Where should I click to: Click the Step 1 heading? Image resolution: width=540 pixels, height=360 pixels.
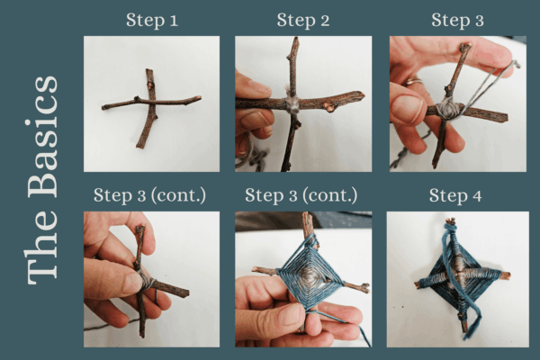[x=152, y=20]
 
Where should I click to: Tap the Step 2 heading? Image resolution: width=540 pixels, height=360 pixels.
[x=303, y=20]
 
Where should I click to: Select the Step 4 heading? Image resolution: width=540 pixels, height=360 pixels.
[x=455, y=195]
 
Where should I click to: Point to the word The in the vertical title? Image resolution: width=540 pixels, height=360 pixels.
[x=42, y=246]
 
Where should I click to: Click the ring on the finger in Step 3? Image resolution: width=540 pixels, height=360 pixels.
[x=412, y=82]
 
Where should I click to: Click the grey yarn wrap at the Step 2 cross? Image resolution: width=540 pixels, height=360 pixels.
[x=292, y=103]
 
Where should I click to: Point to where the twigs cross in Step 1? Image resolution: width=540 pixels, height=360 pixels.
[x=150, y=102]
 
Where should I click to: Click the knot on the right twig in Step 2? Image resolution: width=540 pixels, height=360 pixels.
[x=329, y=107]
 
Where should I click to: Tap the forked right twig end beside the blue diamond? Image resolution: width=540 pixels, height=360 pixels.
[x=363, y=287]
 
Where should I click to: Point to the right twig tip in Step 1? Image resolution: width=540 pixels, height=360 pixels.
[x=198, y=98]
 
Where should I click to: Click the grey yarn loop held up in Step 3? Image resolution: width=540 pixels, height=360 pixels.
[x=491, y=83]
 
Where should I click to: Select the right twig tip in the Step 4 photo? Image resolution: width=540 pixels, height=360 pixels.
[x=507, y=275]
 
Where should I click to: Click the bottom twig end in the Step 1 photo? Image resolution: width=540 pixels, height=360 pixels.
[x=140, y=146]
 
